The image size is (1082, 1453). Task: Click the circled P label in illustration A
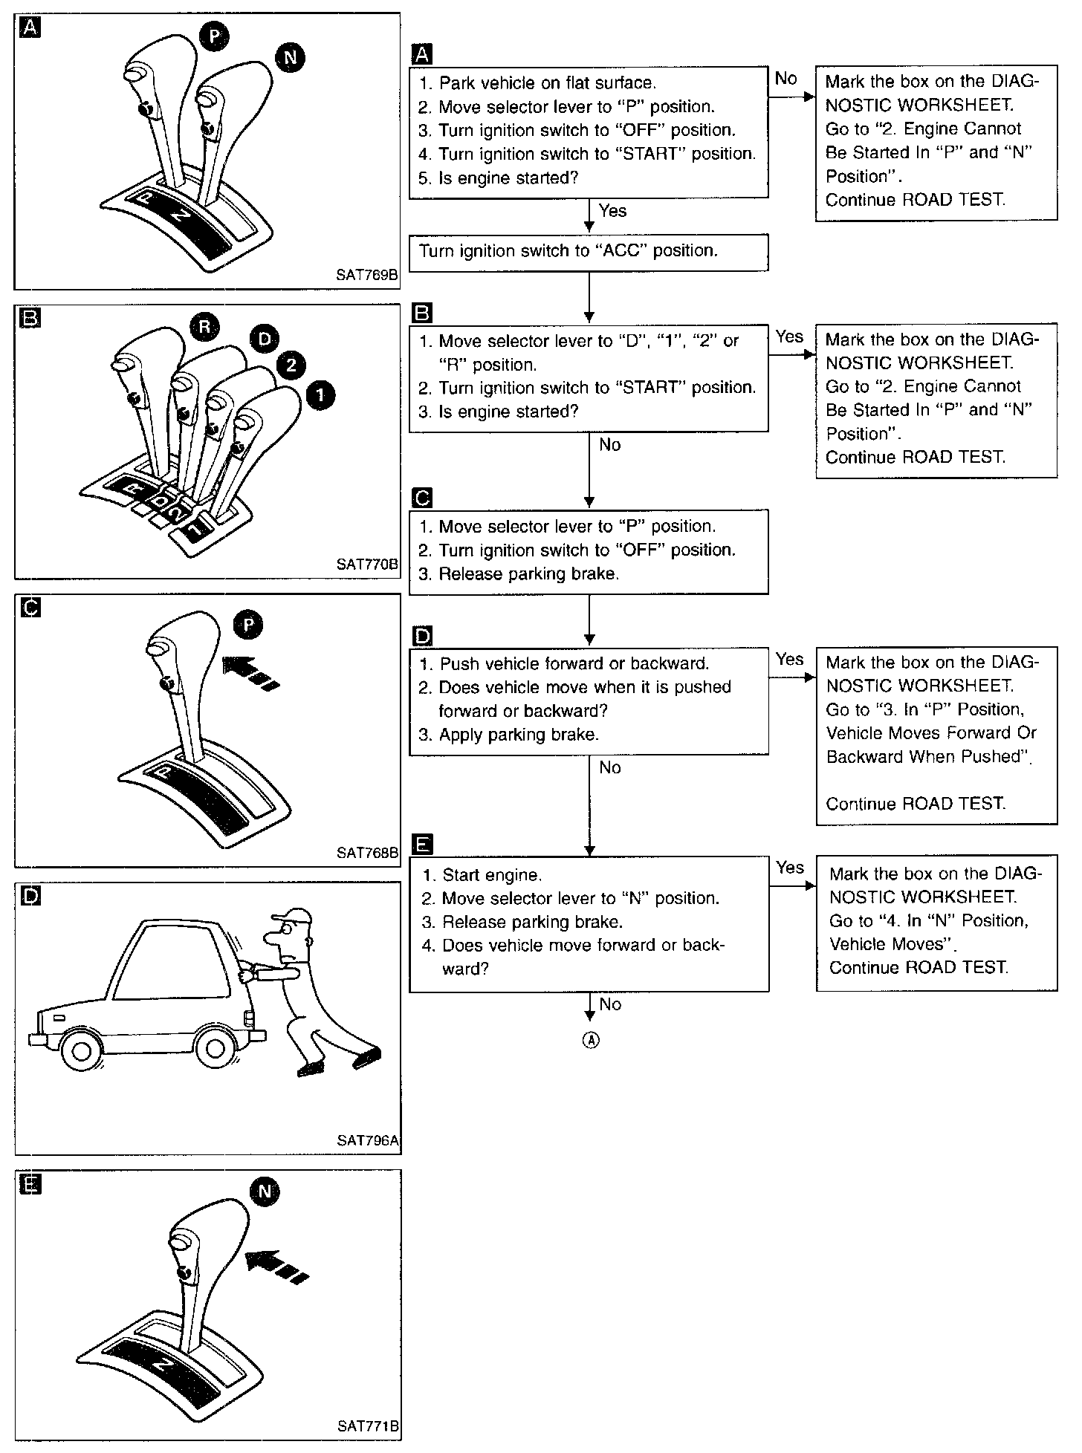tap(214, 36)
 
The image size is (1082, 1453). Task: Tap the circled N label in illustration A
tap(291, 58)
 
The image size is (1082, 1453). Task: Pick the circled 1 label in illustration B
tap(320, 395)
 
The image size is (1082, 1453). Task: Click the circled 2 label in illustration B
tap(291, 364)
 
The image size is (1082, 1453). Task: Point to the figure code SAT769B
tap(367, 276)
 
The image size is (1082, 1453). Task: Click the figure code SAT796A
tap(367, 1140)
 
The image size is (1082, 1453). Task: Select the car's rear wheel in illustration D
tap(215, 1048)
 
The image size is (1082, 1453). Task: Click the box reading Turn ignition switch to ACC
tap(589, 252)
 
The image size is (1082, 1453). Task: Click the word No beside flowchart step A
tap(785, 78)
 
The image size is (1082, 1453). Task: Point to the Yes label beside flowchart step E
tap(789, 867)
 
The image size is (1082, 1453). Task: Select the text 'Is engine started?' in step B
tap(508, 412)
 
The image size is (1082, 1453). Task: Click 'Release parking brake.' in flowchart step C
tap(528, 573)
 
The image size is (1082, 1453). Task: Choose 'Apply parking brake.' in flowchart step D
tap(519, 735)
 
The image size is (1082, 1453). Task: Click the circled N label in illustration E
tap(265, 1192)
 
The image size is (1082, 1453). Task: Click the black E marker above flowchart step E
tap(421, 844)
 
